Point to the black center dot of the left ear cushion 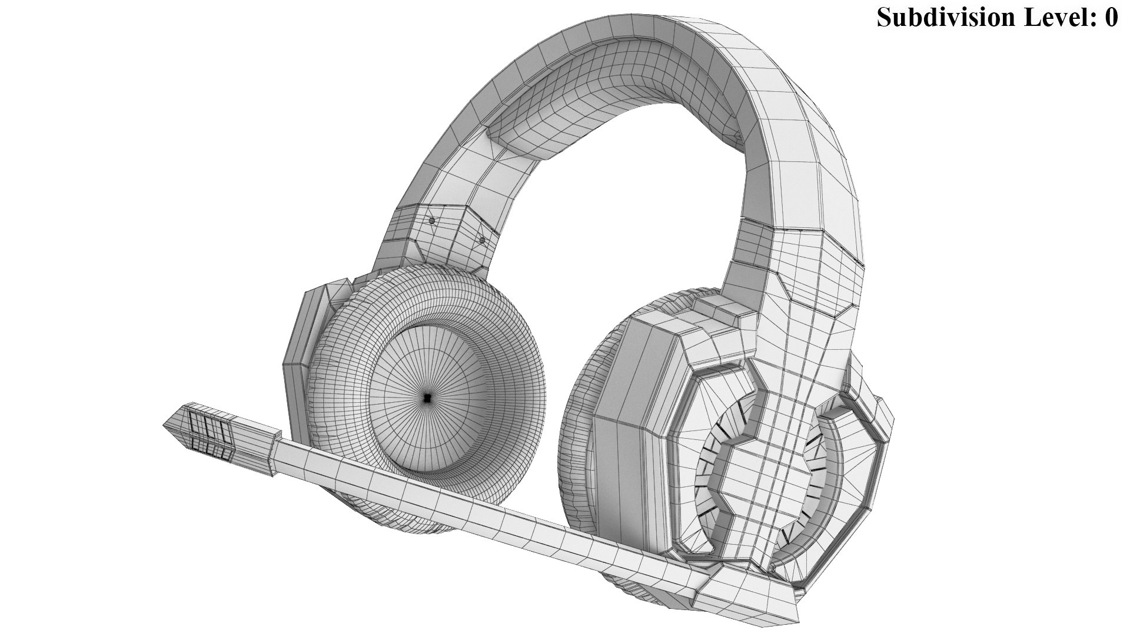(x=427, y=399)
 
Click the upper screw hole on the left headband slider (x=432, y=221)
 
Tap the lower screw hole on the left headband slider (x=483, y=240)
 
